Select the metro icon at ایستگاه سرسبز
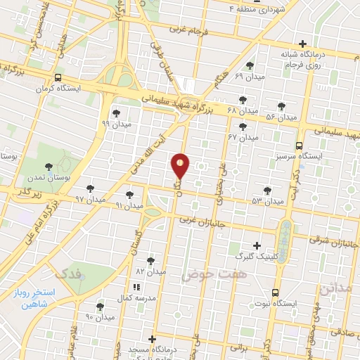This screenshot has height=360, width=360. [300, 145]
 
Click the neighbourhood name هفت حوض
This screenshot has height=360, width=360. [207, 274]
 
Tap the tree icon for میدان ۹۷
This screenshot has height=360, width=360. [90, 188]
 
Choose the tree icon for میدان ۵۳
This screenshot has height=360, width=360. [267, 190]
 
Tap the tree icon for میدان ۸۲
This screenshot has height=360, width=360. [150, 260]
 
